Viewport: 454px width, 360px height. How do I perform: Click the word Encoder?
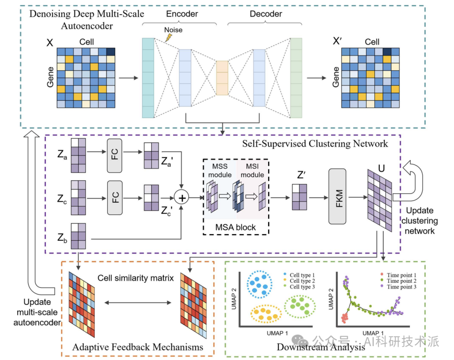point(182,14)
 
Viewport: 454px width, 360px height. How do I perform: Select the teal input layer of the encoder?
point(148,78)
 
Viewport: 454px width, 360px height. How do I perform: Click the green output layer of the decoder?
point(296,78)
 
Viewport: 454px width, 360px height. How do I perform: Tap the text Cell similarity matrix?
point(136,278)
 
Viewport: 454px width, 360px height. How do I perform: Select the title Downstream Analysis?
point(321,347)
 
